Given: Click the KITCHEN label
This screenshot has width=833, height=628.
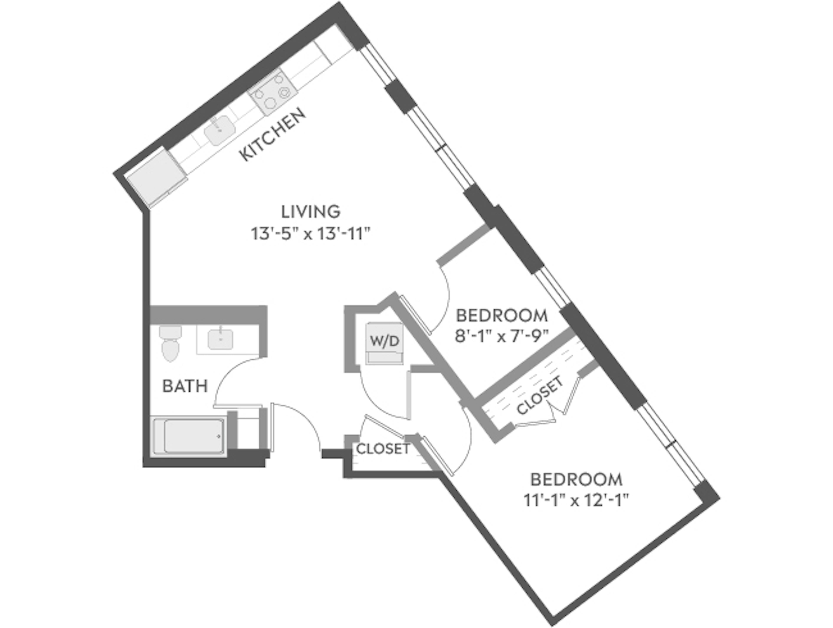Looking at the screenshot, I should click(272, 134).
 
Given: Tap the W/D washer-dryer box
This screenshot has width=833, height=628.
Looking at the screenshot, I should click(384, 341).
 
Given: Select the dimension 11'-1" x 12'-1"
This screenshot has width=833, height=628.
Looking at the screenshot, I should click(576, 501).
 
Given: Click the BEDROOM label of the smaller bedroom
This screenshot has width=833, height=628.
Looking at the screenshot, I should click(502, 315).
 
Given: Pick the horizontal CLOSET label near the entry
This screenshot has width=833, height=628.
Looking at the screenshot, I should click(383, 449).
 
